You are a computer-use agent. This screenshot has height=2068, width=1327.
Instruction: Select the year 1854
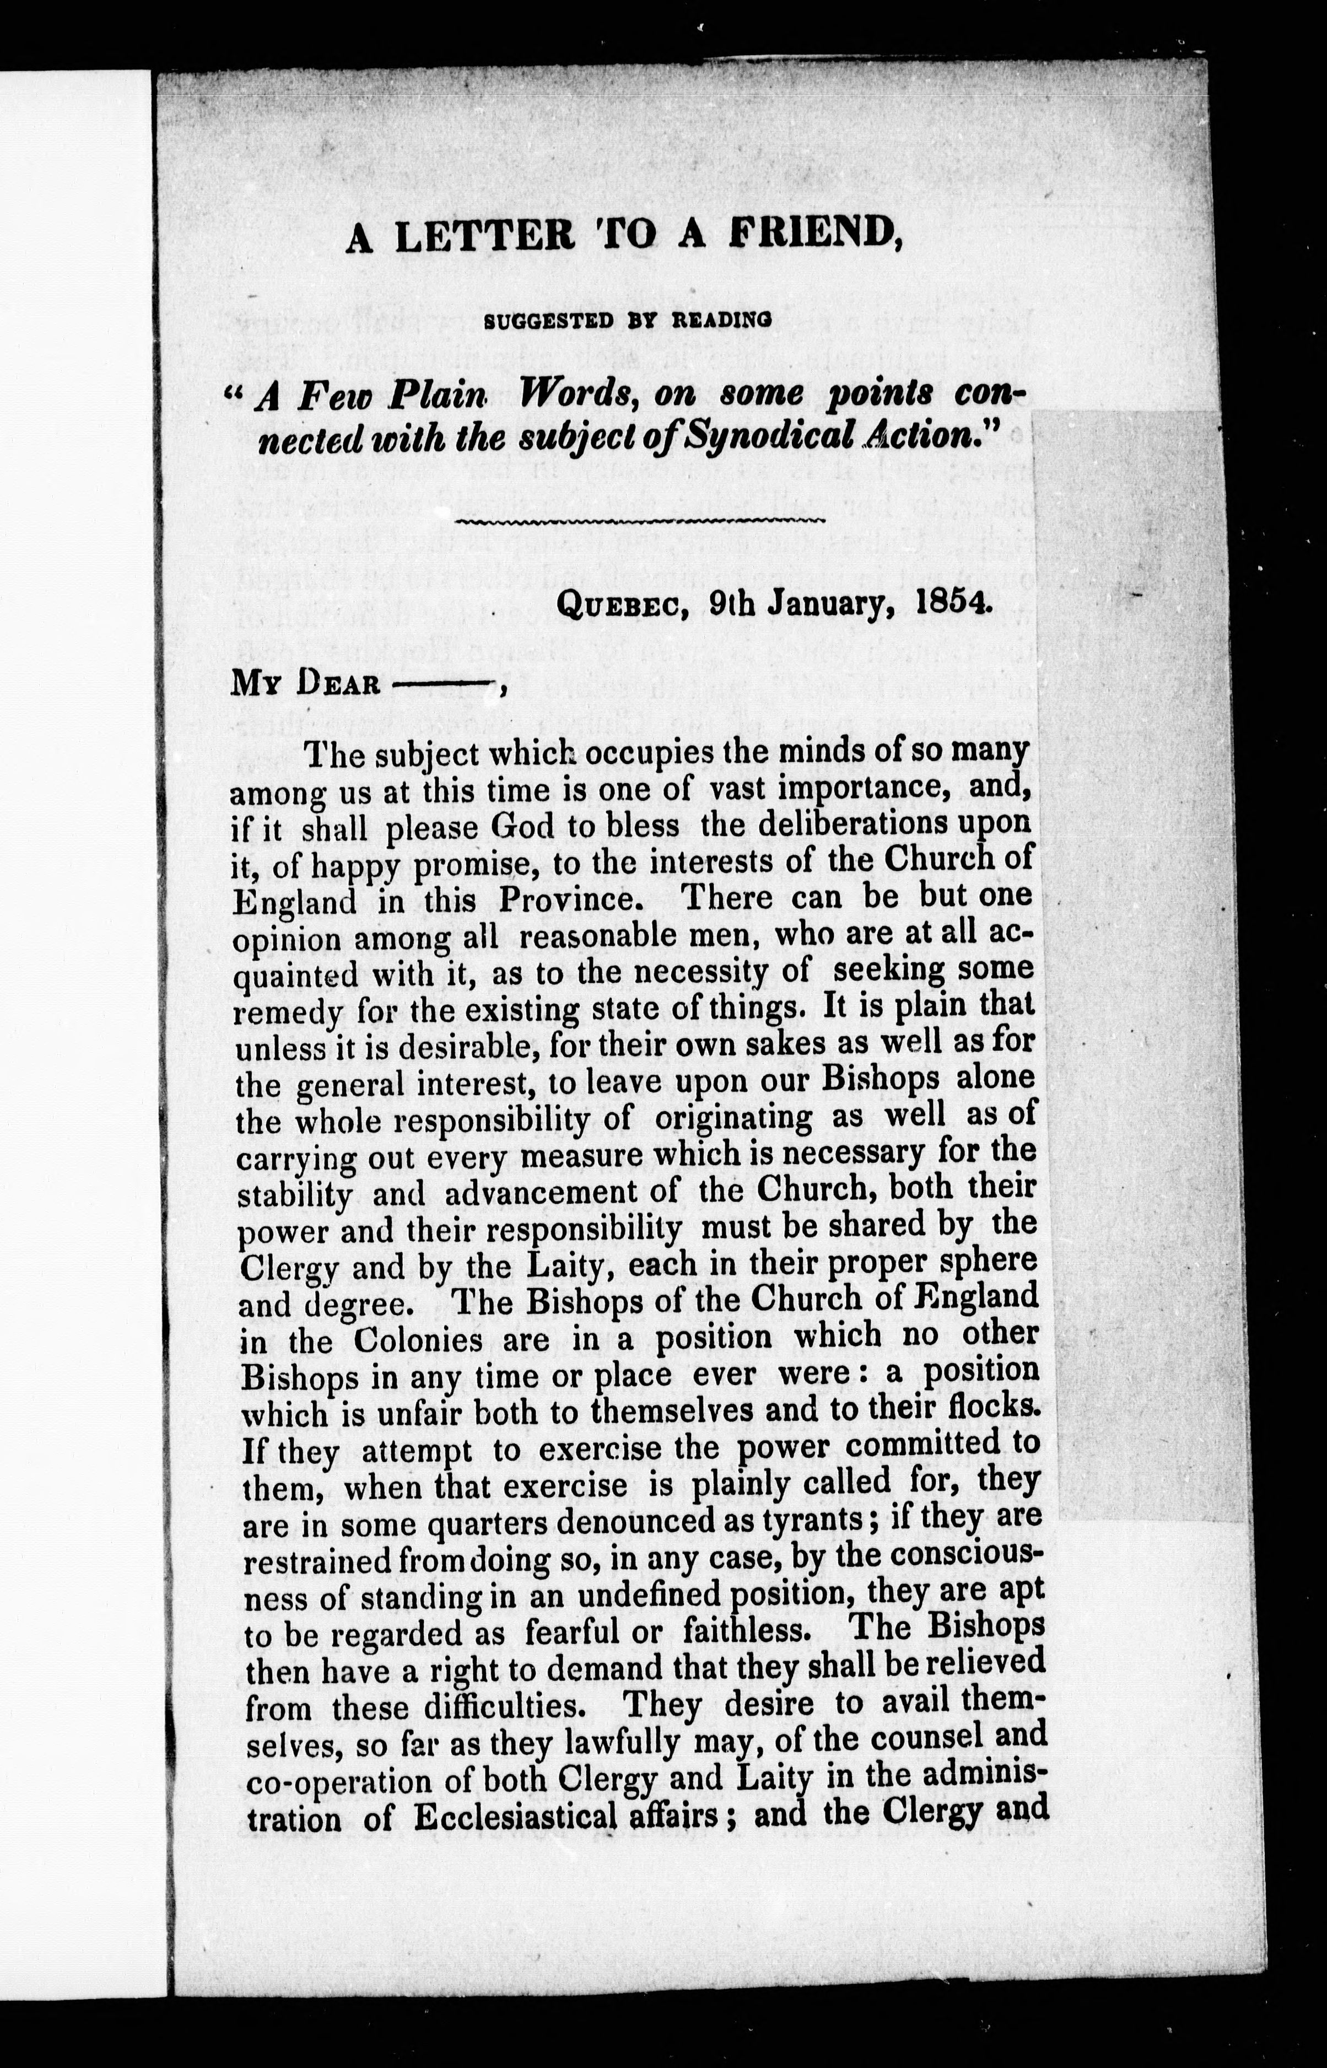[x=954, y=601]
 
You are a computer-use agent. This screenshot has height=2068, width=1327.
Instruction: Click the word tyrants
[x=813, y=1520]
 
